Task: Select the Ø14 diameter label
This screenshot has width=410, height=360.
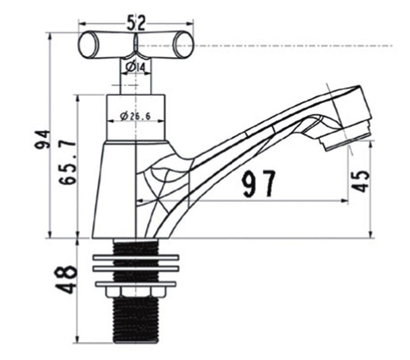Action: tap(136, 67)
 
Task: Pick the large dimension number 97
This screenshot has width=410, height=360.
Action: tap(259, 184)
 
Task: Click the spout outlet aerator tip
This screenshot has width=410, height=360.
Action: tap(347, 138)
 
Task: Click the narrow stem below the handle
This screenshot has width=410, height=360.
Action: tap(136, 77)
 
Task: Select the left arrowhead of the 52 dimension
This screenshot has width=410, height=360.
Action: tap(82, 22)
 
